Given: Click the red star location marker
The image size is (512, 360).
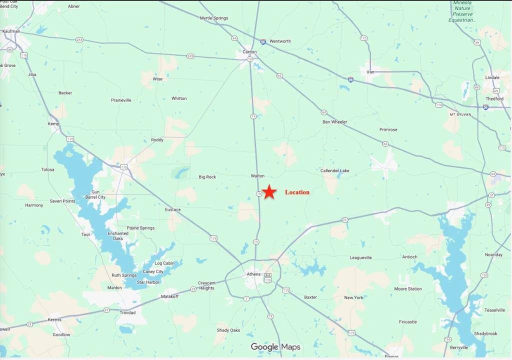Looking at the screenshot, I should [269, 192].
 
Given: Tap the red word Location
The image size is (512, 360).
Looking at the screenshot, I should [297, 192].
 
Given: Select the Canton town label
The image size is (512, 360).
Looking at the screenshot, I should [249, 51].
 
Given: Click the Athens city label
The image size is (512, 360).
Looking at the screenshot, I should [253, 274].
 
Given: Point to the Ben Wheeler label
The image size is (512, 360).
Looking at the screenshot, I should [334, 122].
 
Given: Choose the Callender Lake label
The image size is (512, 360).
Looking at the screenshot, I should [334, 170].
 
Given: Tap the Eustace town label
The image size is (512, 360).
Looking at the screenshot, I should [172, 209].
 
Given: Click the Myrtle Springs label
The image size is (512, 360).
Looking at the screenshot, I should [214, 18].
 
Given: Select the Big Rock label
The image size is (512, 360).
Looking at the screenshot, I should [207, 177].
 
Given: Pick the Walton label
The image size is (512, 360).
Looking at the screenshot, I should [257, 176].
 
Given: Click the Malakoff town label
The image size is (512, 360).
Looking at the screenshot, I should [169, 296].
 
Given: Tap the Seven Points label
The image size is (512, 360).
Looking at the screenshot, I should [62, 201].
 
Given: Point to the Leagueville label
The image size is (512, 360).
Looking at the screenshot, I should [360, 258].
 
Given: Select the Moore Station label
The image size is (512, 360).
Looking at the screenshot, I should [407, 289].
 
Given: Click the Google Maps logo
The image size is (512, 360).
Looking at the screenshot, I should [275, 347].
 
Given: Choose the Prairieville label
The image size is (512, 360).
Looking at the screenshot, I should [121, 100].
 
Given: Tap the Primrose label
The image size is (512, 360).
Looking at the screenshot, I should [388, 129].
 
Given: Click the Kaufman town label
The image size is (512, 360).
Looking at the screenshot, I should [11, 31].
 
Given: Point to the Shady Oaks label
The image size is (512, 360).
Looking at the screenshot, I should [228, 330].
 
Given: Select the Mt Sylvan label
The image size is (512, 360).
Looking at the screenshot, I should [460, 114].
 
